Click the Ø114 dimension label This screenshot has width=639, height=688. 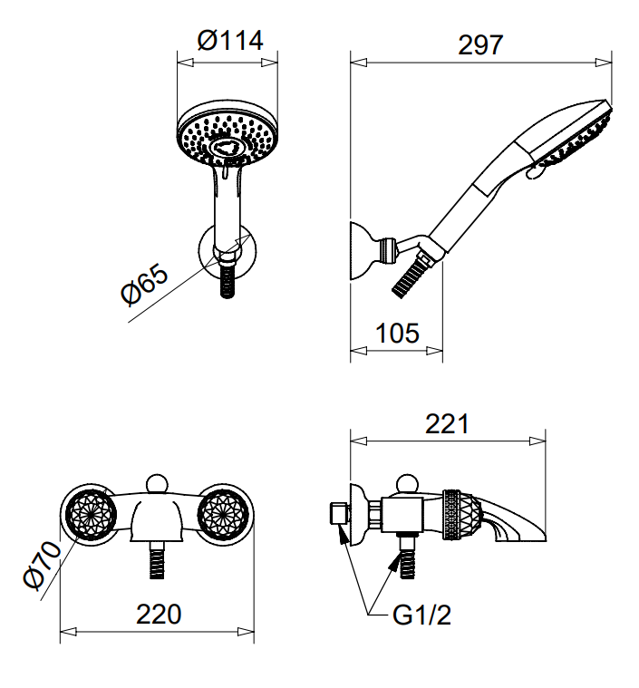pyautogui.click(x=228, y=41)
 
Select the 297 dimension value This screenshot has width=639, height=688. pyautogui.click(x=480, y=44)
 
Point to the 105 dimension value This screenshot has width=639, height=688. pyautogui.click(x=397, y=333)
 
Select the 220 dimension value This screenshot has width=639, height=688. pyautogui.click(x=159, y=614)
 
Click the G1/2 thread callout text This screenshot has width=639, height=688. pyautogui.click(x=421, y=616)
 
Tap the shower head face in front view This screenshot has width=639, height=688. pyautogui.click(x=227, y=136)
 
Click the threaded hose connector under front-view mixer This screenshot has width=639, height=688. pyautogui.click(x=158, y=560)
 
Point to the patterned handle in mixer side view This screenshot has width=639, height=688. pyautogui.click(x=459, y=517)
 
